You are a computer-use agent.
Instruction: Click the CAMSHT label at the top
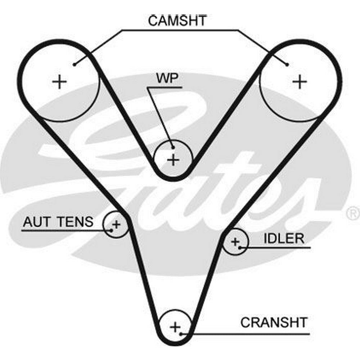(x=177, y=20)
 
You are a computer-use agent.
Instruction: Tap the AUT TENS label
(x=58, y=222)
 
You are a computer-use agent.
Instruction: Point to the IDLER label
(x=284, y=238)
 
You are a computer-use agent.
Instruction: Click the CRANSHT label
(x=274, y=322)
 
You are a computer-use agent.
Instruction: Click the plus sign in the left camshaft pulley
(x=59, y=82)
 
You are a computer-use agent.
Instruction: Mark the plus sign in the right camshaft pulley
(x=299, y=82)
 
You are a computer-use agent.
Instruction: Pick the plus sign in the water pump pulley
(x=174, y=159)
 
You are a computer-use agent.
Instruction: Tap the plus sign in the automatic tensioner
(x=116, y=225)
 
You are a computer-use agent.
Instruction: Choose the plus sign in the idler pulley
(x=235, y=241)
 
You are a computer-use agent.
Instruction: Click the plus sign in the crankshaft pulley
(x=175, y=327)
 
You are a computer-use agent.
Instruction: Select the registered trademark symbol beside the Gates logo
(x=352, y=213)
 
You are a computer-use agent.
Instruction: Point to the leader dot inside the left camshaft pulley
(x=74, y=65)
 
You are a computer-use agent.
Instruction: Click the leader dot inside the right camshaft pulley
(x=287, y=65)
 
